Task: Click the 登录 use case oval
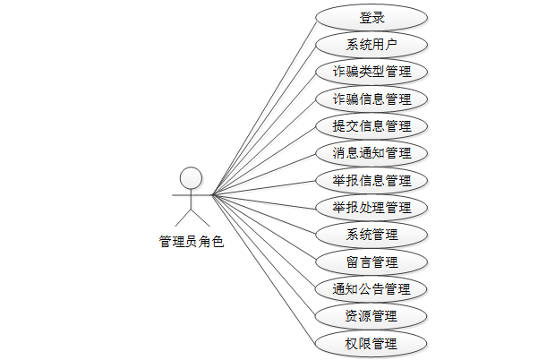coord(371,17)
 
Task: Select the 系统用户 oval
coord(371,45)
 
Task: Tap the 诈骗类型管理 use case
coord(371,72)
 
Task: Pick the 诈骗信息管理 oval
coord(371,99)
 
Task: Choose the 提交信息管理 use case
coord(371,126)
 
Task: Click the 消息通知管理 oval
coord(371,153)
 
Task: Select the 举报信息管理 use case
coord(371,180)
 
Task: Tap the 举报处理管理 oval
coord(371,208)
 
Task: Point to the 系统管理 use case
coord(371,235)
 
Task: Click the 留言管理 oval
coord(371,261)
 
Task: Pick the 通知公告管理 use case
coord(371,289)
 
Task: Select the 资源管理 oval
coord(371,316)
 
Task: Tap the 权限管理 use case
coord(371,343)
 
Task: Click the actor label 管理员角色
coord(191,242)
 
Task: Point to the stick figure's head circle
coord(190,176)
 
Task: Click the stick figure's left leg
coord(182,218)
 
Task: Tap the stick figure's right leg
coord(199,218)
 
